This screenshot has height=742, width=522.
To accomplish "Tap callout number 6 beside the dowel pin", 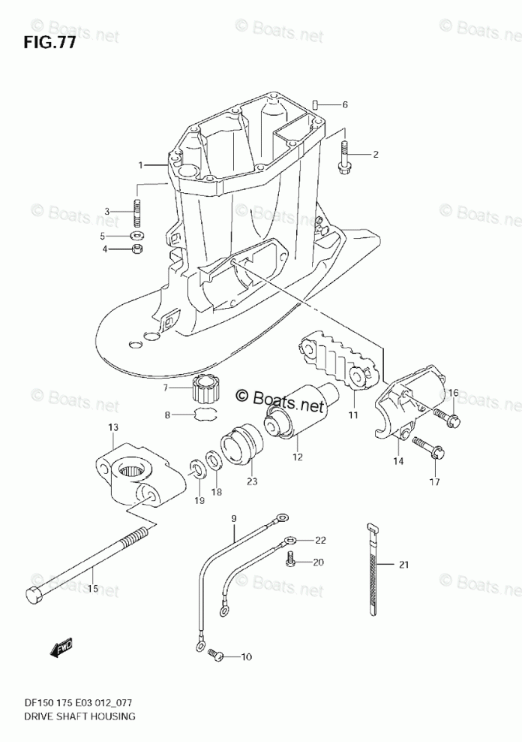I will click(345, 104).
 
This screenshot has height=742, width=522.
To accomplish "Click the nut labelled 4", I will click(137, 249).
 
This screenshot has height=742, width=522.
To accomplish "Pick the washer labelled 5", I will click(137, 236).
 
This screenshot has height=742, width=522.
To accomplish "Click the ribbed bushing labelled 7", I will click(204, 388).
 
